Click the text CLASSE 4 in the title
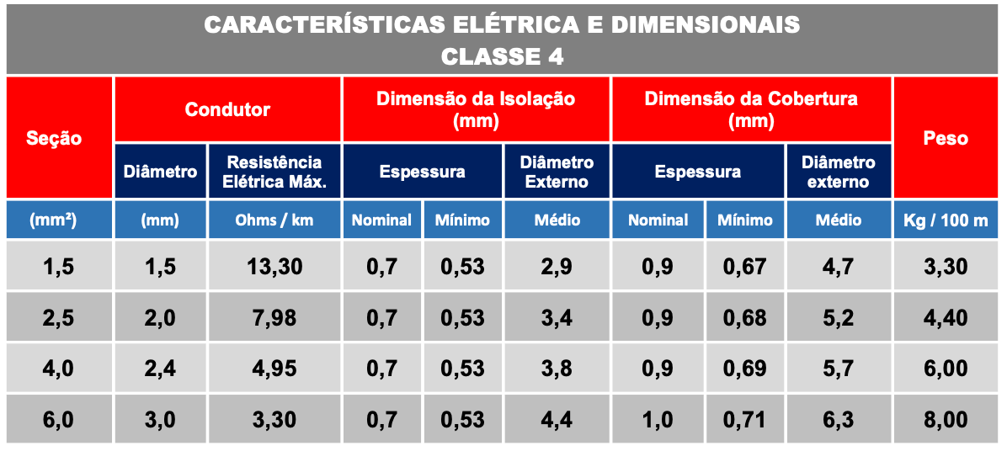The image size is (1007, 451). tap(503, 56)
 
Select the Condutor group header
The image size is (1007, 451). tap(227, 109)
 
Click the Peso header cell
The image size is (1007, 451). tap(946, 138)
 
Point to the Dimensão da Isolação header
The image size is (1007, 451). tap(476, 109)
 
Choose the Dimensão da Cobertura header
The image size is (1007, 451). tap(751, 109)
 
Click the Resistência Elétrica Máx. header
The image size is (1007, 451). tap(274, 172)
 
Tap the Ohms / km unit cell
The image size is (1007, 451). tap(274, 220)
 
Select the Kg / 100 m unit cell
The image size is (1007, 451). tap(946, 220)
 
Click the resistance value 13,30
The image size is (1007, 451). tap(274, 268)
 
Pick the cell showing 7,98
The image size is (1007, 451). tap(274, 318)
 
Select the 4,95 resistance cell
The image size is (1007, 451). tap(274, 369)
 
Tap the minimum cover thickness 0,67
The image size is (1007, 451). tap(744, 268)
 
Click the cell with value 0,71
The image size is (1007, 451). tap(744, 419)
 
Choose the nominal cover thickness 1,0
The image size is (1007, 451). tap(658, 419)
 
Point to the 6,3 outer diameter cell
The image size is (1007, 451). tap(838, 419)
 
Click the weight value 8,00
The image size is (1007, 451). tap(946, 419)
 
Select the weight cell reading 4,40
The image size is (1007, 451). tap(946, 318)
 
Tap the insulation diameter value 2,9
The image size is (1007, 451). tap(557, 268)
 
